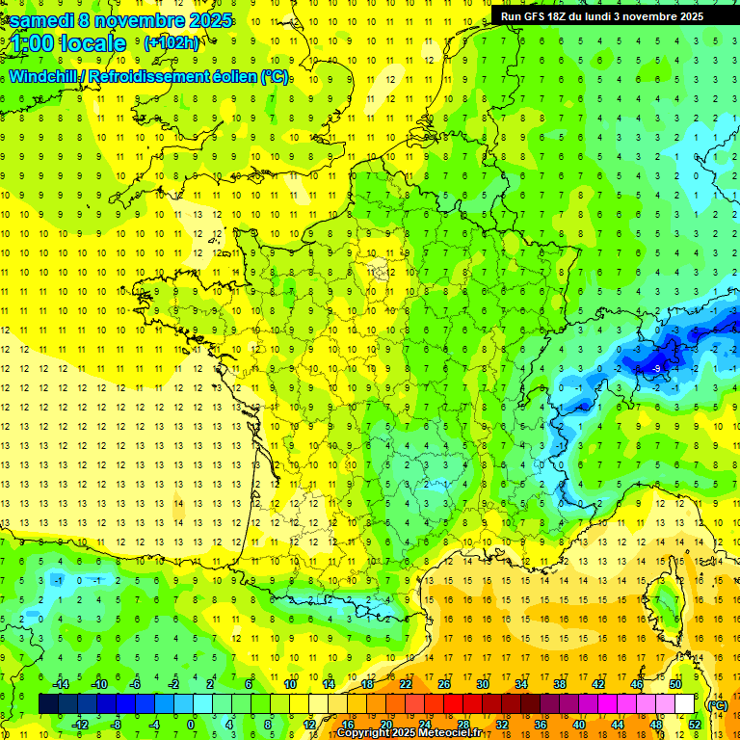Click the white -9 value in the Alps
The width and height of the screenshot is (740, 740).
(x=656, y=369)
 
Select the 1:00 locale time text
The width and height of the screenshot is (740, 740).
(x=66, y=43)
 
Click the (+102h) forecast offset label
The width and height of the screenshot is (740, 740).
(x=172, y=43)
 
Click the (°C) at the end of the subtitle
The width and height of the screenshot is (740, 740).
(x=275, y=76)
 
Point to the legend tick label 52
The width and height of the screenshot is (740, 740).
(x=694, y=725)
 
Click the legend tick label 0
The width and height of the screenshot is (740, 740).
(x=190, y=725)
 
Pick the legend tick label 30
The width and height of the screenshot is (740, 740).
(x=482, y=684)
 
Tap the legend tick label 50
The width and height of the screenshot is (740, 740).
(x=674, y=684)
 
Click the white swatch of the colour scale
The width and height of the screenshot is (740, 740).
(x=684, y=704)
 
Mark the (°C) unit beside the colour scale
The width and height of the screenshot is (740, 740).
(x=717, y=705)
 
